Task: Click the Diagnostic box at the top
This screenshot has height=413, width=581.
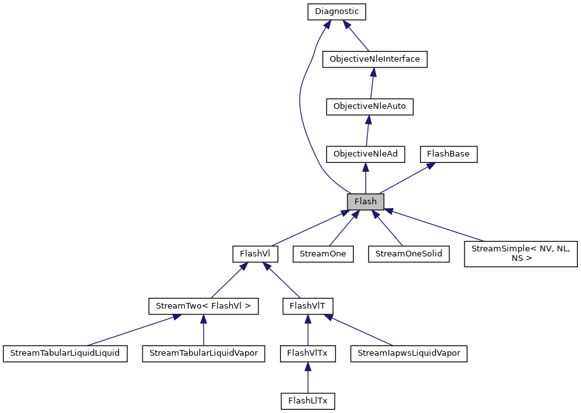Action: (x=337, y=11)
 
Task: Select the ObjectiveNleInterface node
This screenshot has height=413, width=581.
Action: (x=374, y=59)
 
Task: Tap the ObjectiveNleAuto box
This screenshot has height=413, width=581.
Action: (x=370, y=106)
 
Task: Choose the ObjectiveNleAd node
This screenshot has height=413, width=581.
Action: (x=365, y=154)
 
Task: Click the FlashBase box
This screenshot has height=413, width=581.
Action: (x=448, y=154)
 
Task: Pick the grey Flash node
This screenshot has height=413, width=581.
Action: (x=365, y=202)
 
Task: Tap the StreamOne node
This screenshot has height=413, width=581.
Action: (x=323, y=253)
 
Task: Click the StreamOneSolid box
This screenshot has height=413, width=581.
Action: (x=409, y=253)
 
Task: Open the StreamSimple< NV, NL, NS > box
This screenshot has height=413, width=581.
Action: (x=521, y=253)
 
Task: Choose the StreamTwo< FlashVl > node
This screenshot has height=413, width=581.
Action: (x=203, y=306)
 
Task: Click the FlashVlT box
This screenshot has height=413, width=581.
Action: (x=307, y=306)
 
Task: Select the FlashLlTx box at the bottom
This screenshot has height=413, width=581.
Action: (x=307, y=401)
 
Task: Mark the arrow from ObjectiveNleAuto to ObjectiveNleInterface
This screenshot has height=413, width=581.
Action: (x=372, y=83)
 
